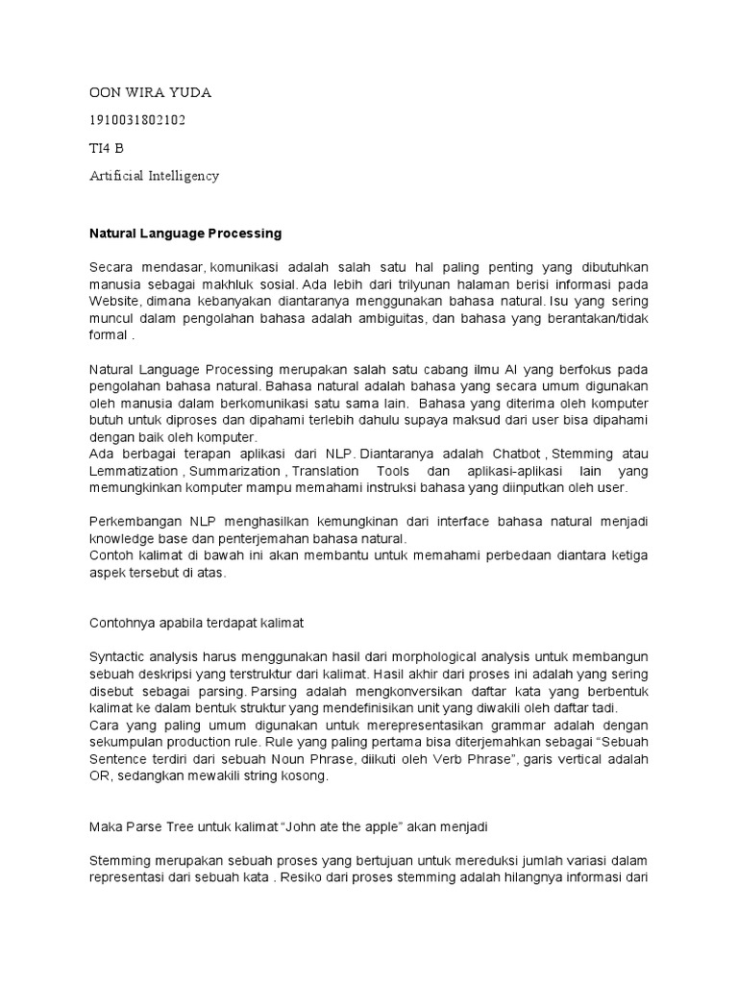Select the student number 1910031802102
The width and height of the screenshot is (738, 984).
tap(137, 120)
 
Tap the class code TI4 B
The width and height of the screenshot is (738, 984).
tap(106, 148)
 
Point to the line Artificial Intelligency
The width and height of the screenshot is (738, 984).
tap(154, 176)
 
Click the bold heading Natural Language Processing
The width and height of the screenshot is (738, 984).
tap(185, 233)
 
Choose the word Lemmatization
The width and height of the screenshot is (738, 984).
tap(133, 471)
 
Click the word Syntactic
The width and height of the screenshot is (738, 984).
tap(118, 658)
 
